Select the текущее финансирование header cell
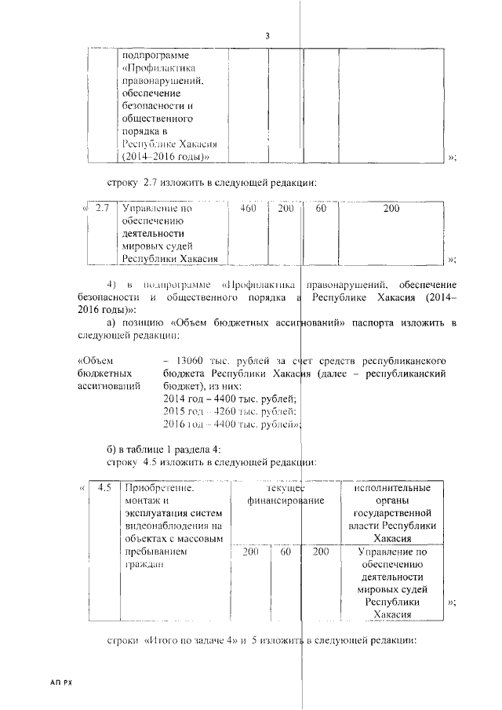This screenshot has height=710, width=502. point(285,493)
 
